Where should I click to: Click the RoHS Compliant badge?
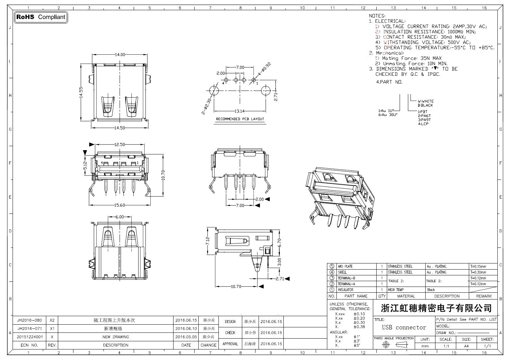[x=41, y=17]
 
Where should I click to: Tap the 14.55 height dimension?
[x=81, y=92]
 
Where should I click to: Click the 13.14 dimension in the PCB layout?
[x=240, y=111]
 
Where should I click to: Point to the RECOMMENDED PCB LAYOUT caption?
[x=240, y=119]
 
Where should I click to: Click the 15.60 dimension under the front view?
[x=120, y=205]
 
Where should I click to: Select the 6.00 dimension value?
[x=120, y=217]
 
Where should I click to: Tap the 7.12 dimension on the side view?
[x=208, y=241]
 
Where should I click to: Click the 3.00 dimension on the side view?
[x=279, y=261]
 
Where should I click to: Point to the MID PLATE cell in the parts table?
[x=345, y=267]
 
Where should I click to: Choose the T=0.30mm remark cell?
[x=478, y=272]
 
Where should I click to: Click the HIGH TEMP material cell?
[x=396, y=290]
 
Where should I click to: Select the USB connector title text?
[x=404, y=327]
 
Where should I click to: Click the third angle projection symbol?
[x=394, y=345]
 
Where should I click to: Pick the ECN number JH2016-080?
[x=30, y=320]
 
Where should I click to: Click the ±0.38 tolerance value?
[x=359, y=327]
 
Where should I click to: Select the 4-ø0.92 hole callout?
[x=264, y=69]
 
